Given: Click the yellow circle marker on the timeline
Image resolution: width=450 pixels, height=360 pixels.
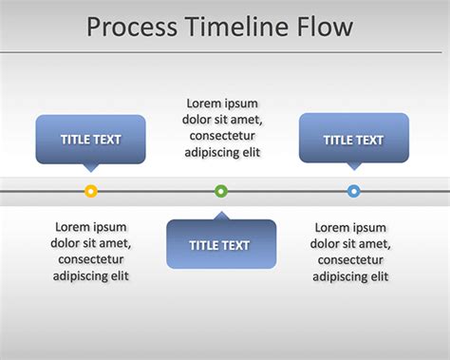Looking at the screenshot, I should (x=91, y=191).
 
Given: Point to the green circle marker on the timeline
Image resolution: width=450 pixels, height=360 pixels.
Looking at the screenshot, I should (x=221, y=191).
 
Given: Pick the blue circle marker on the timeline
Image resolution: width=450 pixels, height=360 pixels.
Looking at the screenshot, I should (x=354, y=191).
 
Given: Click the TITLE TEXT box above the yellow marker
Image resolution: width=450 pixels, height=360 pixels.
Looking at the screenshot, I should (x=91, y=139).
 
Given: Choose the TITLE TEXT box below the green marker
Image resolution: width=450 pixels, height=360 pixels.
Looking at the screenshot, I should (x=221, y=245).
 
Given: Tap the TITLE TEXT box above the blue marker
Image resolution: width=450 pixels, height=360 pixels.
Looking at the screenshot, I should (x=354, y=139).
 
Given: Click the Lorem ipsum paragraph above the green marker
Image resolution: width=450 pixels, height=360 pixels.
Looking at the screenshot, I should (x=221, y=127).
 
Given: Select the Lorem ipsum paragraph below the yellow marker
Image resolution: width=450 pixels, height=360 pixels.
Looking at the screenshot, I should (x=91, y=251).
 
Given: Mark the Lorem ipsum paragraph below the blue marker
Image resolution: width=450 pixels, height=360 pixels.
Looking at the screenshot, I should (x=351, y=251).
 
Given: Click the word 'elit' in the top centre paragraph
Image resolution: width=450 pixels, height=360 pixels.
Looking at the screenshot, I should (x=247, y=152).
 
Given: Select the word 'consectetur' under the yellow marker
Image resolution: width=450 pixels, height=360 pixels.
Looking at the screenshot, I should (x=91, y=259).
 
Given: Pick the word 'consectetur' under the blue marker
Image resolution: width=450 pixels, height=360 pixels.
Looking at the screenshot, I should (x=351, y=259).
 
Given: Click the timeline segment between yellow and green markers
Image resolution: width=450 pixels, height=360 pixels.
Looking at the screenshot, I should (x=157, y=191).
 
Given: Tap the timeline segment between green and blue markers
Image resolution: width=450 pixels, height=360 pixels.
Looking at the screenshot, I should (x=288, y=191).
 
